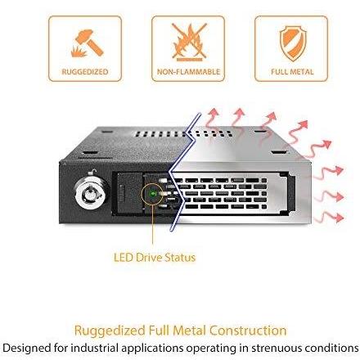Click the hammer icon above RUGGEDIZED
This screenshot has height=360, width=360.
tap(88, 43)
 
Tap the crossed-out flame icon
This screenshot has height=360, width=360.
tap(189, 42)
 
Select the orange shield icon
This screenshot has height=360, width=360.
tap(293, 43)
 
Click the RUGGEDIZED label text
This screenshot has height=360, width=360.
tap(85, 72)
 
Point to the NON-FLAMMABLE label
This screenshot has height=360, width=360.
tap(188, 72)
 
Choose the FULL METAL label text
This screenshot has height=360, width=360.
tap(292, 72)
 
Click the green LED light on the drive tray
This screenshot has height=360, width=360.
tap(152, 194)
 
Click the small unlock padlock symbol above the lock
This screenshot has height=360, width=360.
tap(93, 172)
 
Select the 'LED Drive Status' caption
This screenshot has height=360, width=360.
tap(155, 257)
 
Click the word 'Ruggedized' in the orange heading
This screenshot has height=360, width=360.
tap(110, 331)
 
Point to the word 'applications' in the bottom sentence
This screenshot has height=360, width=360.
tap(152, 349)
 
